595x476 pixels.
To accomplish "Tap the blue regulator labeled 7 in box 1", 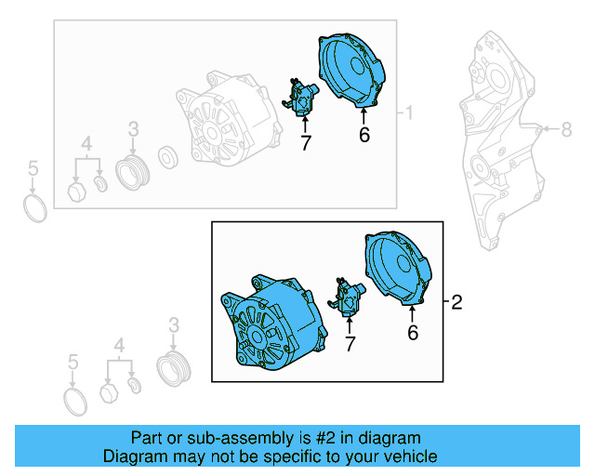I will click(303, 98).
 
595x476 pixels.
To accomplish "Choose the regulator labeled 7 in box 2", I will click(350, 298).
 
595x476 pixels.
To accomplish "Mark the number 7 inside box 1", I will click(305, 142).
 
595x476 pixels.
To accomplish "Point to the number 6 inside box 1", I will click(364, 136).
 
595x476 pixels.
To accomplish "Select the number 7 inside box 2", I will click(350, 345).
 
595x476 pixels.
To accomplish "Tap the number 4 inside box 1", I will click(86, 144).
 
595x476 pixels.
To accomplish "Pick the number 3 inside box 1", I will click(133, 129).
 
